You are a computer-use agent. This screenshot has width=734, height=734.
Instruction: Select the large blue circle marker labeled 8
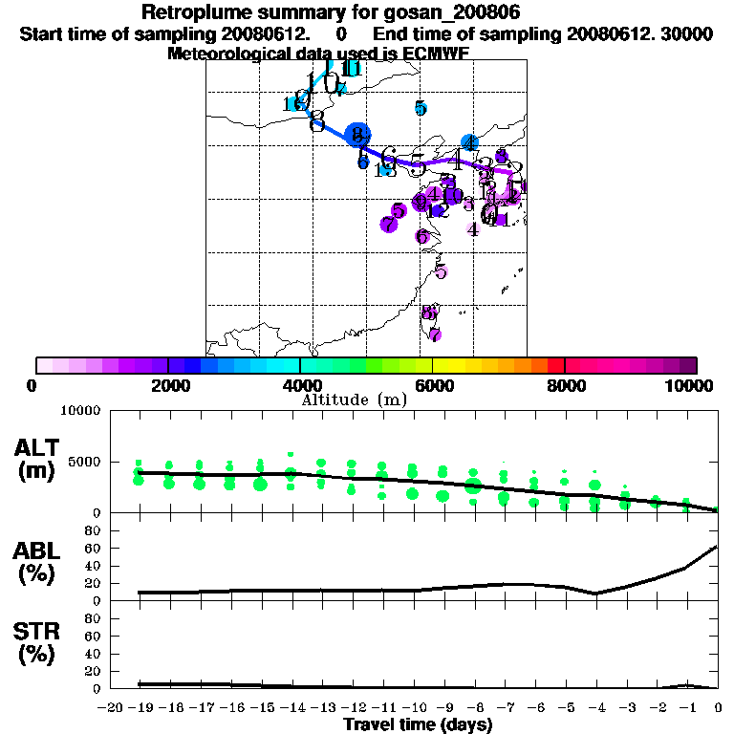click(357, 135)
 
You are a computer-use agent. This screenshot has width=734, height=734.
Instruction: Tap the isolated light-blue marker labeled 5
click(421, 108)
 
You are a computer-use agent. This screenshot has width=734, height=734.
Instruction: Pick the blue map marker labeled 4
click(469, 143)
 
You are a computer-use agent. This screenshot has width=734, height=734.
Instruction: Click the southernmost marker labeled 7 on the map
click(435, 335)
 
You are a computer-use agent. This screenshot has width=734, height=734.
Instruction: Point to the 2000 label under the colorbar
click(168, 386)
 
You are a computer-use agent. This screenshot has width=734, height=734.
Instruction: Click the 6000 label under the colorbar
click(433, 386)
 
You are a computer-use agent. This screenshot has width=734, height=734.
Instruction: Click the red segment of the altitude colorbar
click(555, 365)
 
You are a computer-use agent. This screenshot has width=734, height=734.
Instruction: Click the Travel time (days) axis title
click(418, 724)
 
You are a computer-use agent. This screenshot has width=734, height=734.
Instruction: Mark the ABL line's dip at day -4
click(595, 594)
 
